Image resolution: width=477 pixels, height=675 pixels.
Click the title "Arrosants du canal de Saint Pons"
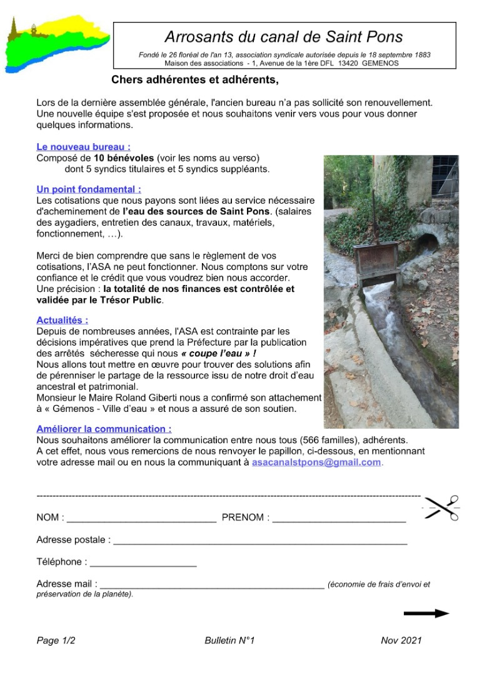pyautogui.click(x=284, y=37)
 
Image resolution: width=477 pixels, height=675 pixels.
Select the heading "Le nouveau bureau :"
pyautogui.click(x=83, y=147)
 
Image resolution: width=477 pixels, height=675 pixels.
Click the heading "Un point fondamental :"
pyautogui.click(x=89, y=189)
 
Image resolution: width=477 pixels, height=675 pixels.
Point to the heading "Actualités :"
pyautogui.click(x=63, y=320)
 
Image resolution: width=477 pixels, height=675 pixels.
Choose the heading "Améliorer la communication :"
pyautogui.click(x=104, y=429)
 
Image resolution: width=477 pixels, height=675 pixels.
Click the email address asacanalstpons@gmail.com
pyautogui.click(x=316, y=462)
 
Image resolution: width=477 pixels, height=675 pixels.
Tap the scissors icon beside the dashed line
pyautogui.click(x=441, y=507)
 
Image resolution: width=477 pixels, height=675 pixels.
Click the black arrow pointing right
pyautogui.click(x=426, y=614)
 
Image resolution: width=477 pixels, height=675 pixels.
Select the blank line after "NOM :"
pyautogui.click(x=141, y=520)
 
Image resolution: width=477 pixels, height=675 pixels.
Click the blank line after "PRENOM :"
pyautogui.click(x=339, y=520)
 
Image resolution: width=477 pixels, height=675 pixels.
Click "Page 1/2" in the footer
pyautogui.click(x=56, y=641)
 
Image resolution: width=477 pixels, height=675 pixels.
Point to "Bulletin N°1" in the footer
pyautogui.click(x=229, y=641)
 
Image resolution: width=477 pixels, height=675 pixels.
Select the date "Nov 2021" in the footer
pyautogui.click(x=401, y=641)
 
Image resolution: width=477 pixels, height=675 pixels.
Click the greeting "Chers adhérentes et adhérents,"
pyautogui.click(x=194, y=80)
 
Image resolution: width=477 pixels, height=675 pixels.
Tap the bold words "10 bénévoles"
pyautogui.click(x=124, y=159)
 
